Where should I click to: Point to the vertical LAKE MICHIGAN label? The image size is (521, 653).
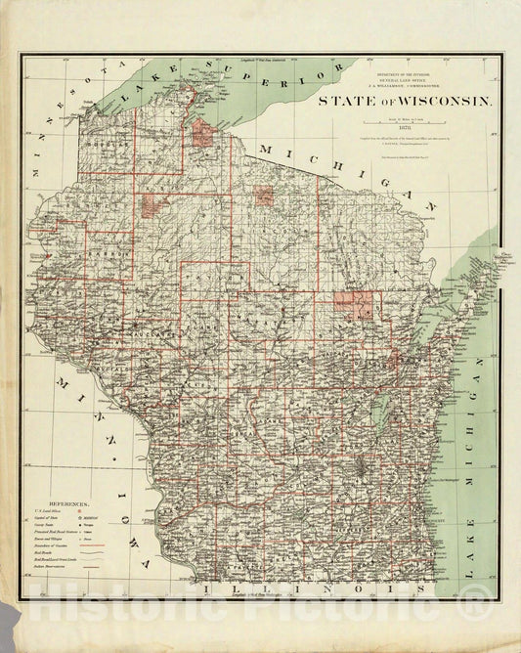(479, 469)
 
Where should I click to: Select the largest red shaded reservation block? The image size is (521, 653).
(352, 305)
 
